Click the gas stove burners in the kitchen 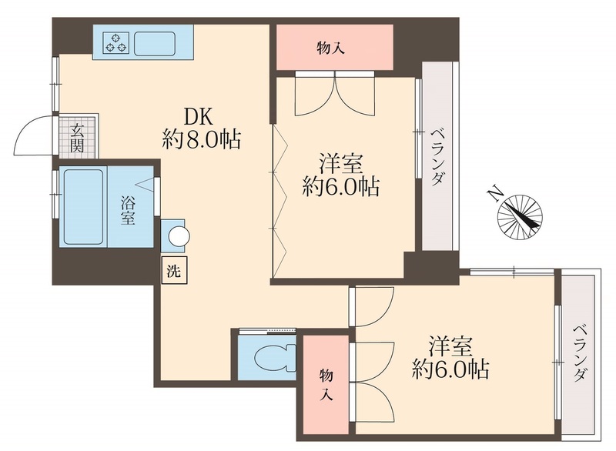(x=115, y=42)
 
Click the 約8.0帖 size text (x=201, y=140)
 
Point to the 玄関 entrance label (x=78, y=137)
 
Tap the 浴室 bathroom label (x=129, y=209)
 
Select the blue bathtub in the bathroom (x=83, y=206)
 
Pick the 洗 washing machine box (x=173, y=270)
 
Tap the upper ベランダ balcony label (x=437, y=155)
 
